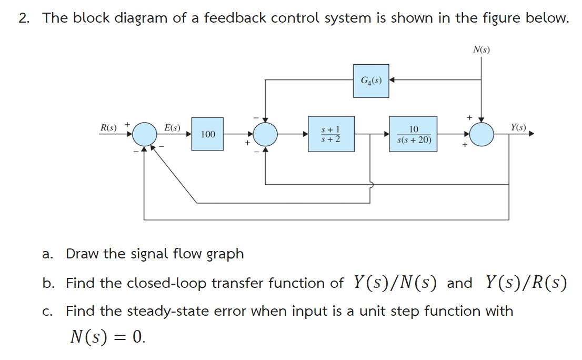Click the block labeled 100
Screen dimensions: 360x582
pos(207,134)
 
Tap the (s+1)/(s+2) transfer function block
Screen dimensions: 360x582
pos(330,134)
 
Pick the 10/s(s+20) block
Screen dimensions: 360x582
pos(414,134)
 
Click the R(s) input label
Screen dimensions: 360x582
pos(109,127)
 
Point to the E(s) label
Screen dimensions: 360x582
pos(172,127)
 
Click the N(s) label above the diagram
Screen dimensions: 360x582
pos(481,50)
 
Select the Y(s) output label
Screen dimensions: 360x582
pos(518,127)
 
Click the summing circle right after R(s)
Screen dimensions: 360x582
pos(144,135)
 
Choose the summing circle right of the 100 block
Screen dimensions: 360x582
pos(265,135)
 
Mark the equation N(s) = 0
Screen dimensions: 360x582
pos(107,336)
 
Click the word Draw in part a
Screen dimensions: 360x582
pos(81,254)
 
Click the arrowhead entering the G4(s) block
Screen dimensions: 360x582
pos(392,81)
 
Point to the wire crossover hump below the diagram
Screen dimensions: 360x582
pos(372,185)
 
